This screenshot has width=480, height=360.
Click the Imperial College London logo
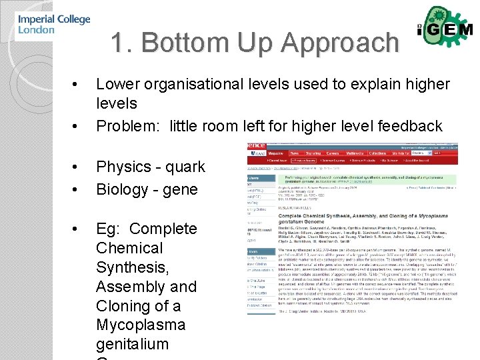pyautogui.click(x=54, y=25)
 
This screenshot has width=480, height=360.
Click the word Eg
pyautogui.click(x=107, y=229)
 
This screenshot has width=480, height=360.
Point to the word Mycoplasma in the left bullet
pyautogui.click(x=140, y=325)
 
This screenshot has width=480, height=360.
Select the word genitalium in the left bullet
pyautogui.click(x=132, y=345)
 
